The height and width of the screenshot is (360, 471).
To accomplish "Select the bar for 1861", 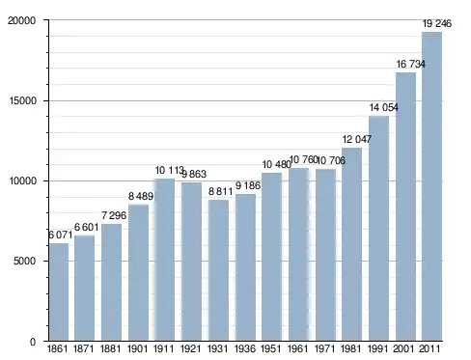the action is tap(59, 291).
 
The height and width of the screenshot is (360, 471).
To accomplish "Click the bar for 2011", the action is tap(431, 186).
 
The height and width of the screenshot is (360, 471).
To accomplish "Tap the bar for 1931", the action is tap(218, 270).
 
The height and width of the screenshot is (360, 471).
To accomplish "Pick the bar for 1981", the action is tap(351, 244).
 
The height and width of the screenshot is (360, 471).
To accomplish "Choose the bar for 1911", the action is tap(165, 260).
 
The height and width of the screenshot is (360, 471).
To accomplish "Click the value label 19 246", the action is tap(437, 23).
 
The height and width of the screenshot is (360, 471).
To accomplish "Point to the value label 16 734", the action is tap(410, 64).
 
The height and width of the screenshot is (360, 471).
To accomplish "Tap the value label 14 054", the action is tap(384, 107).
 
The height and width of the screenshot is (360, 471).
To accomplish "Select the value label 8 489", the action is tap(141, 196).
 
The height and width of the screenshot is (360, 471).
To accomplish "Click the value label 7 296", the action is tap(114, 215).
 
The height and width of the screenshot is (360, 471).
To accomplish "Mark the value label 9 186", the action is tap(248, 185).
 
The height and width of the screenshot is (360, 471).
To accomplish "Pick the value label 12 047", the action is tap(357, 139).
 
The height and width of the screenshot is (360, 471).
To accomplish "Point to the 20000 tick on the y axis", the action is tap(21, 20).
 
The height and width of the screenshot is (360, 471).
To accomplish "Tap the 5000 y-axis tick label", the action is tap(24, 261).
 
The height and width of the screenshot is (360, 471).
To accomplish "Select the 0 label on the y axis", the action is tap(33, 342).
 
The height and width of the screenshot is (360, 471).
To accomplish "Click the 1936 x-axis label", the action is tap(245, 348).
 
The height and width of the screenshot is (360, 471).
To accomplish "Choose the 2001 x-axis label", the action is tap(403, 348).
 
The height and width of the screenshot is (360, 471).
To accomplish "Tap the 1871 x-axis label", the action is tap(84, 348).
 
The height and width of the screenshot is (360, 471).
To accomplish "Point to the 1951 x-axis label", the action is tap(271, 348).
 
